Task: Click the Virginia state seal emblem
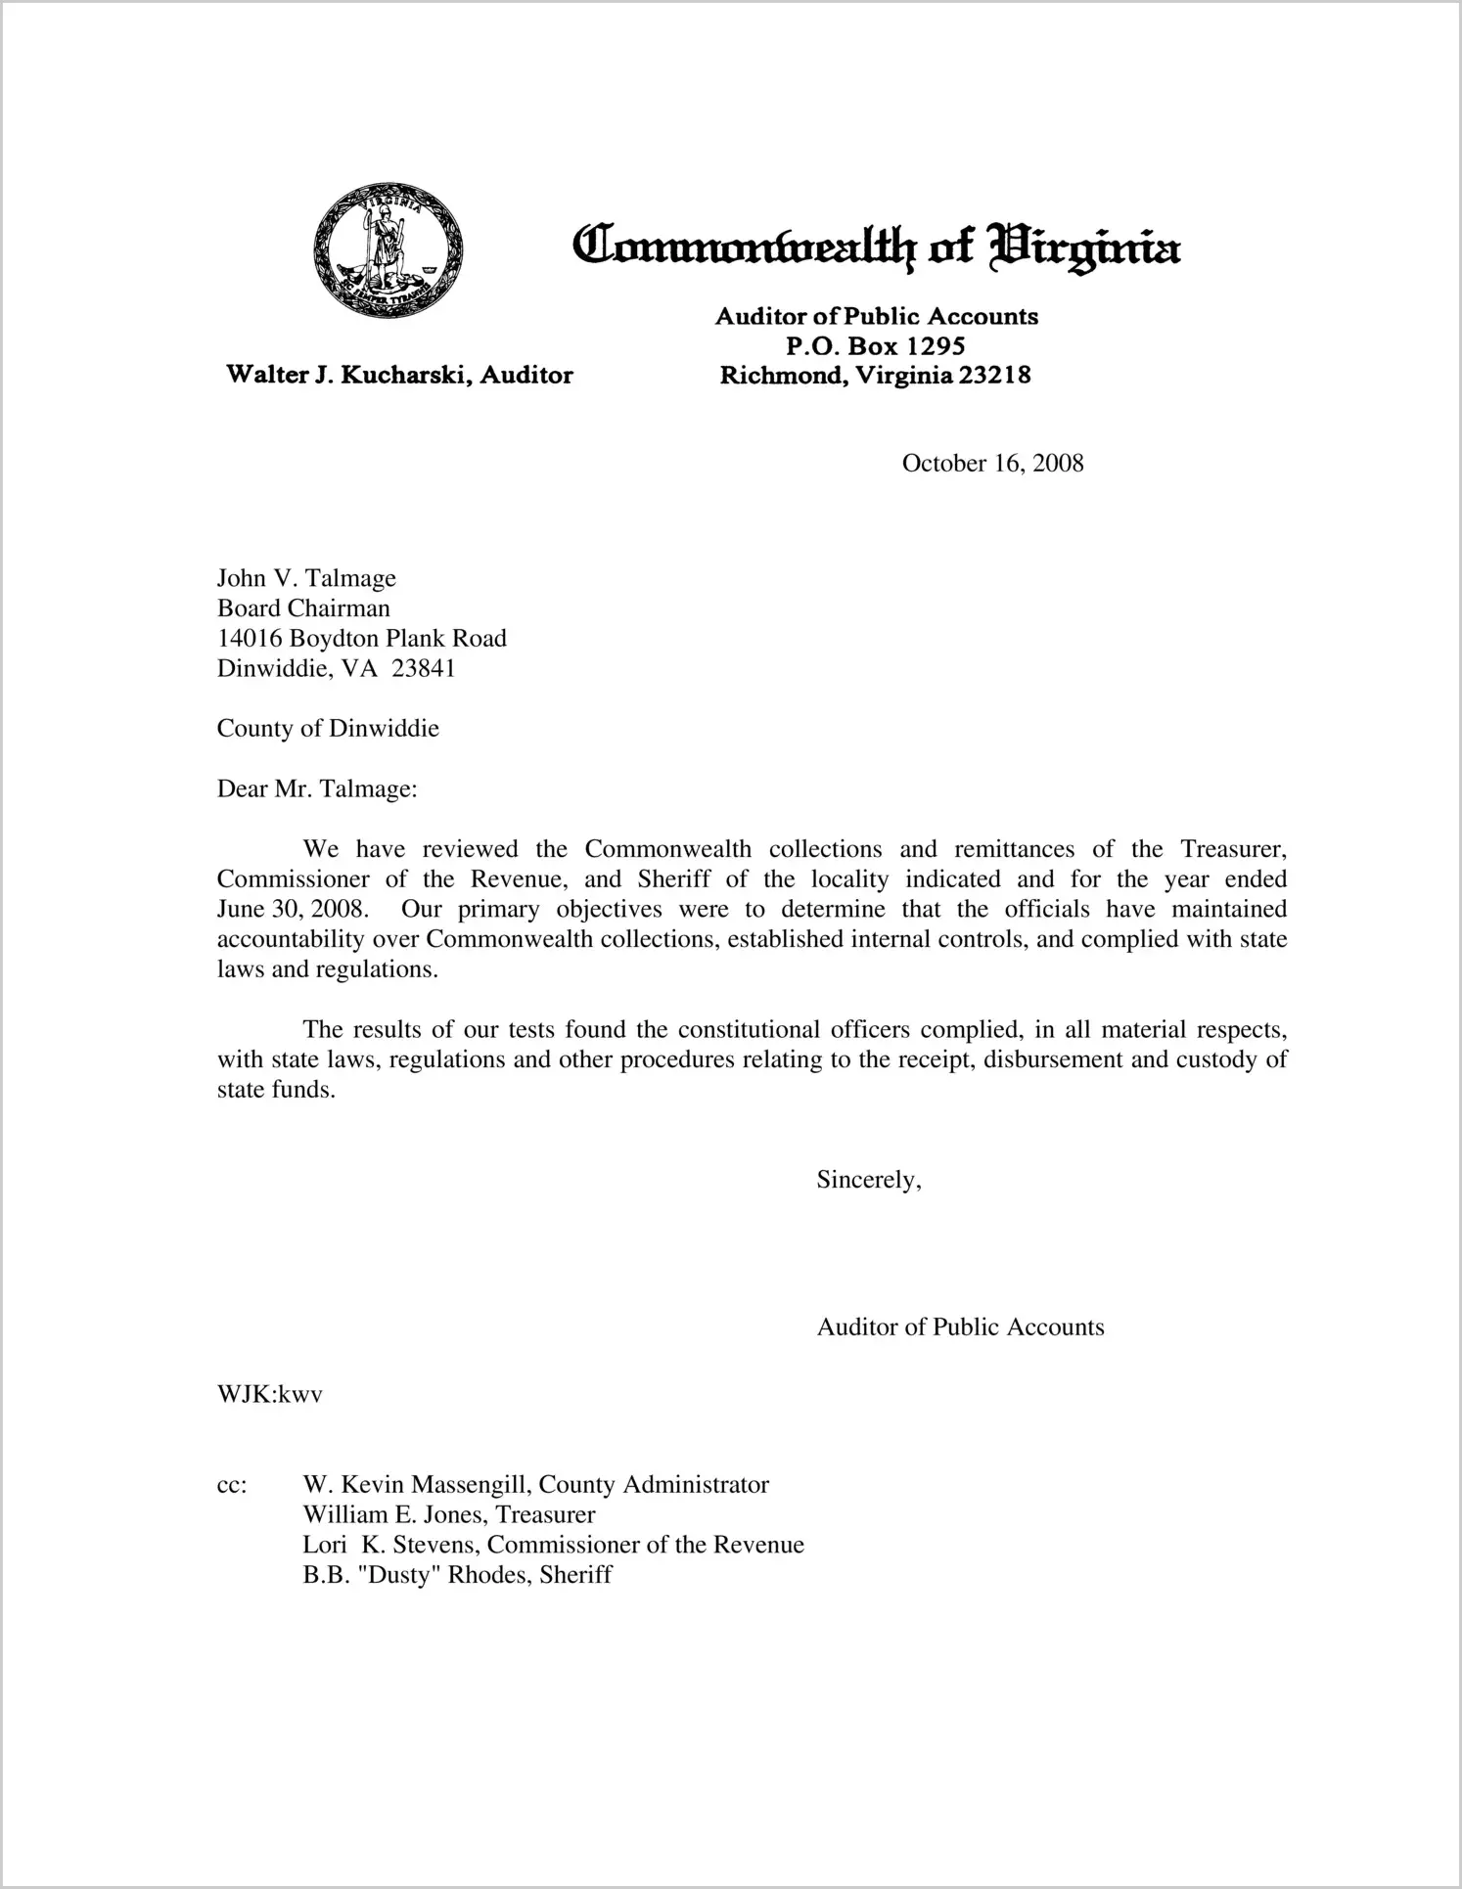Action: [388, 250]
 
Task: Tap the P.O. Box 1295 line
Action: [875, 345]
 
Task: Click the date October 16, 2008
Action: [992, 463]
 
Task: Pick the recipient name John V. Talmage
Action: [306, 578]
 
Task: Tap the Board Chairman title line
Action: [303, 608]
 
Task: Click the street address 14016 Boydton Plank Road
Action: [361, 639]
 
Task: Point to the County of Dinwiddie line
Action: [328, 729]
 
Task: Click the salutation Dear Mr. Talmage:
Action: [317, 788]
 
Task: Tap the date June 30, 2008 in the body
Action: [292, 909]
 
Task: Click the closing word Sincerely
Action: [867, 1180]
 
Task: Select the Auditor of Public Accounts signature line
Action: [960, 1327]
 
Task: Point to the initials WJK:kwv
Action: [269, 1394]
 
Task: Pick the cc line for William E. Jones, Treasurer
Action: [449, 1515]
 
